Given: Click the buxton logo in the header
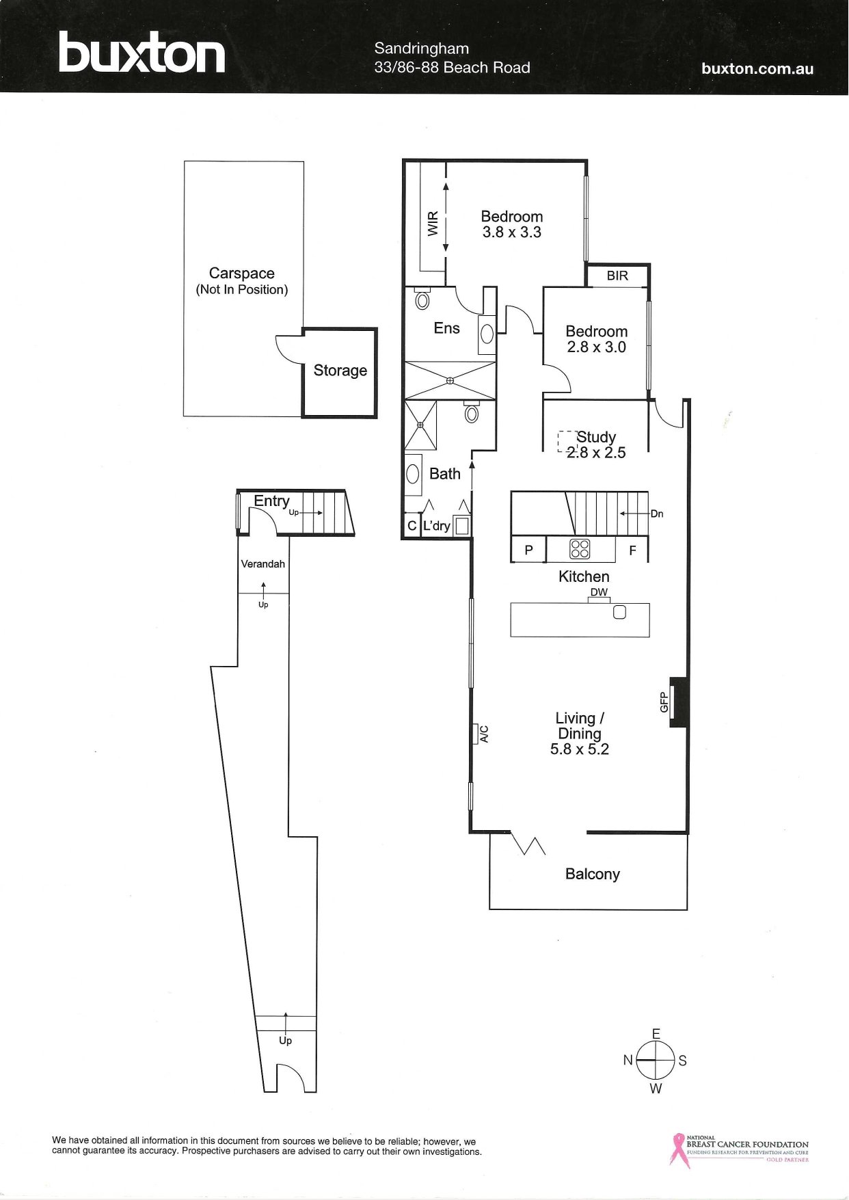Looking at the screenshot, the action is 141,53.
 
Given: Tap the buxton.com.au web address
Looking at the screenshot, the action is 757,68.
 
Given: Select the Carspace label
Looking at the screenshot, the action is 242,274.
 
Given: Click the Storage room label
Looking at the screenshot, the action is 340,371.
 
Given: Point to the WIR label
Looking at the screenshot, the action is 433,224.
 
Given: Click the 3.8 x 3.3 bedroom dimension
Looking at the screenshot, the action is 512,232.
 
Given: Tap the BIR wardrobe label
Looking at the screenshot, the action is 617,276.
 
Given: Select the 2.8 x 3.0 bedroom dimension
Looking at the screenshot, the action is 597,347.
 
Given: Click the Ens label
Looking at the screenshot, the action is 447,328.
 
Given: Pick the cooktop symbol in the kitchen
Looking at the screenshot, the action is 580,549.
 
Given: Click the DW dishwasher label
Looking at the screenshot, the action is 599,592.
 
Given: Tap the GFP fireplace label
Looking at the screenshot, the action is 664,702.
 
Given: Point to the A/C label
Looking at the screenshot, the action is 484,734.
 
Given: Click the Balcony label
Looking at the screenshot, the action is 593,875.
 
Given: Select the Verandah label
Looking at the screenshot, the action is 263,564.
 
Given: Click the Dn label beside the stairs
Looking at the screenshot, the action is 657,514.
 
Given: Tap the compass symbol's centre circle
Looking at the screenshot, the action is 656,1060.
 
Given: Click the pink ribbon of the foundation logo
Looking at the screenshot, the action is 678,1151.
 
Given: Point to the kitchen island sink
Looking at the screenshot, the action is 619,612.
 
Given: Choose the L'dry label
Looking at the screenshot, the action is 437,526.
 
